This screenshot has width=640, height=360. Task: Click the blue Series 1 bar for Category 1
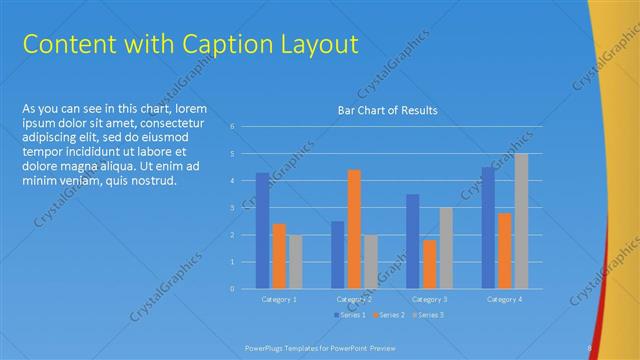[x=262, y=231]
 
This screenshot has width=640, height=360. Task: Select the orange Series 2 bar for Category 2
[x=354, y=229]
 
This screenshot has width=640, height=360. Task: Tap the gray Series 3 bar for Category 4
[x=521, y=221]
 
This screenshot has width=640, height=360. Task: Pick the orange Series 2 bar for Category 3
[x=429, y=264]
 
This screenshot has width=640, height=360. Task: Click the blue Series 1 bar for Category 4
[x=488, y=228]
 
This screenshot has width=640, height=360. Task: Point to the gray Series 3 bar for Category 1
[x=295, y=262]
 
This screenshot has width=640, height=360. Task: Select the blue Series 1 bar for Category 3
[x=412, y=241]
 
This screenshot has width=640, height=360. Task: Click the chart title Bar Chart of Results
[x=386, y=110]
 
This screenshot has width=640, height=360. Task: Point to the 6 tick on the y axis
[x=232, y=127]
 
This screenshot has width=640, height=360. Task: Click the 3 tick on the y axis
[x=232, y=208]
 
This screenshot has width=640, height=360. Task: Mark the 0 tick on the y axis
[x=232, y=289]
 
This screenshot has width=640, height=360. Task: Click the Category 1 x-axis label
[x=279, y=299]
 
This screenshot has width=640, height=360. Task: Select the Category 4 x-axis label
[x=504, y=299]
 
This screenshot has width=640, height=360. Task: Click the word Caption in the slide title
[x=217, y=44]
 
